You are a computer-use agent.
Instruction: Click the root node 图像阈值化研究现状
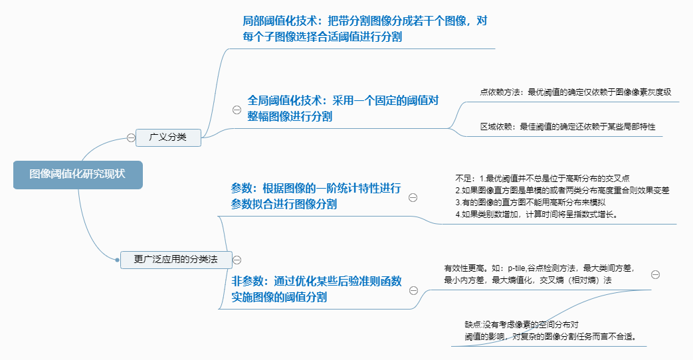[x=77, y=174]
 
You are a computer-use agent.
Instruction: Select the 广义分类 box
[x=168, y=137]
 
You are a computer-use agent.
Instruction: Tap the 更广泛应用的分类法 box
[x=176, y=260]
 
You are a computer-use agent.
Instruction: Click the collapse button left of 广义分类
[x=131, y=138]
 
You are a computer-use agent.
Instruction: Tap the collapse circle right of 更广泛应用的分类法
[x=237, y=260]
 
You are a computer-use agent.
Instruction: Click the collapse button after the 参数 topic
[x=413, y=197]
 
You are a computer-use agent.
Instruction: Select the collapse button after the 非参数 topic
[x=413, y=290]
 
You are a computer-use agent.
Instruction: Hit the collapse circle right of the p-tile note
[x=655, y=274]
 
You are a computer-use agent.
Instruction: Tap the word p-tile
[x=520, y=268]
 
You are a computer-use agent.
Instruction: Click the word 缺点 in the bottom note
[x=472, y=325]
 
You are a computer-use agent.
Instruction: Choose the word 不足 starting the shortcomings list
[x=463, y=178]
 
